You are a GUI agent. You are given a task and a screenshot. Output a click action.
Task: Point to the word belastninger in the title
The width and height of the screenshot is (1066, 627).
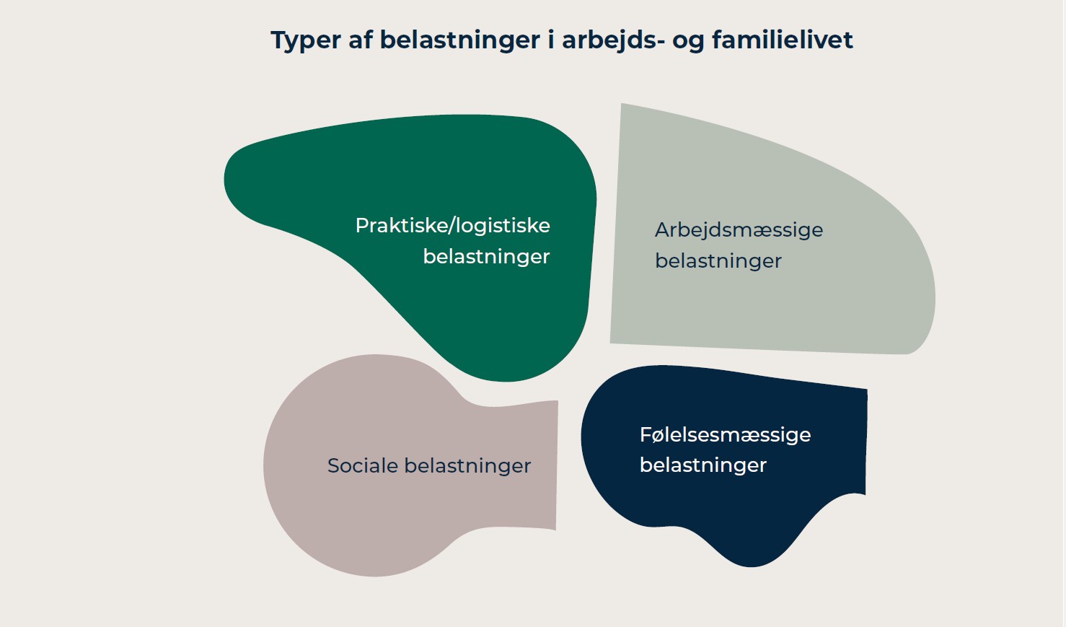tap(459, 40)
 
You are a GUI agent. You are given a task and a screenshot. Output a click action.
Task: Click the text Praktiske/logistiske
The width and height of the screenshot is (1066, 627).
tap(452, 226)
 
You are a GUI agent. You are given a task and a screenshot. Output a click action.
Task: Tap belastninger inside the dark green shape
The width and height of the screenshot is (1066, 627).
tap(486, 257)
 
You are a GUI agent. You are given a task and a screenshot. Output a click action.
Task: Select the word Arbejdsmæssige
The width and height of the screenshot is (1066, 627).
tap(739, 230)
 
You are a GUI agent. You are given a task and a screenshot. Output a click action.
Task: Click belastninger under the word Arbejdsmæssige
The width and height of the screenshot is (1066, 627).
tap(718, 261)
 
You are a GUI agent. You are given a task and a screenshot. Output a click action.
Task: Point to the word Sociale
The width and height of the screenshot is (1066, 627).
tap(362, 466)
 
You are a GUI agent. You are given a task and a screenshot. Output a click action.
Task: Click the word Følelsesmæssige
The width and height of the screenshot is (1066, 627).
tap(725, 435)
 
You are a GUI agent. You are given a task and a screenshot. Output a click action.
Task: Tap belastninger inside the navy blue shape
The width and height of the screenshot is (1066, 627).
tap(702, 465)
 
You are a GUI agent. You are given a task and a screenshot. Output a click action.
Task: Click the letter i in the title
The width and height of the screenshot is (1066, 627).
tap(551, 40)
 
